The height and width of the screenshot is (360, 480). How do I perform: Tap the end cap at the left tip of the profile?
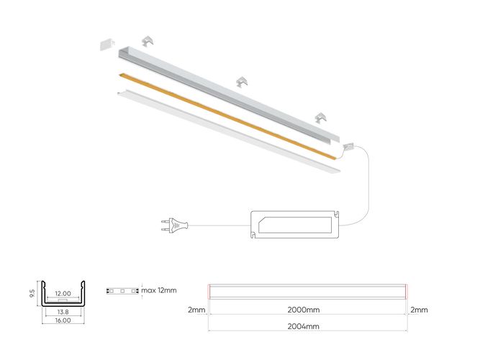click(107, 44)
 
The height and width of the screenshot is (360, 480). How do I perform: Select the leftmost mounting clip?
click(149, 42)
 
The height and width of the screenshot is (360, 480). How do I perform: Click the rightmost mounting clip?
click(321, 117)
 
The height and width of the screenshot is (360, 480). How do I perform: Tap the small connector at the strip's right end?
click(350, 145)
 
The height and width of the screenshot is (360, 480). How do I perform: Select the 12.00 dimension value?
click(63, 294)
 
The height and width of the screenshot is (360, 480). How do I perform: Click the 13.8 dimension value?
click(63, 312)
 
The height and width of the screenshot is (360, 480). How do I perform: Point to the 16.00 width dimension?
click(63, 320)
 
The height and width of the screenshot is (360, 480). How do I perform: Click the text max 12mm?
click(159, 290)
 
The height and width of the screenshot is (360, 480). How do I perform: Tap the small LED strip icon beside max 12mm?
click(122, 291)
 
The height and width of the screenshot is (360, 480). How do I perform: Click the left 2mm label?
click(196, 310)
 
